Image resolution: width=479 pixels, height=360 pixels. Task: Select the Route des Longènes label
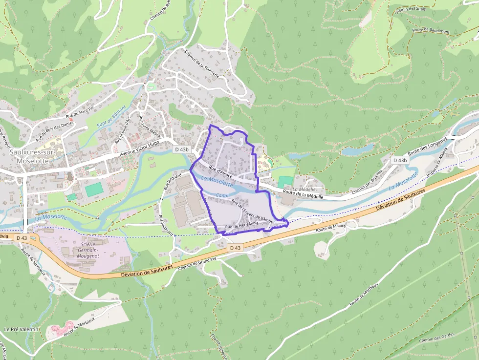428,146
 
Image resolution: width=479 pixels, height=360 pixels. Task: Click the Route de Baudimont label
431,30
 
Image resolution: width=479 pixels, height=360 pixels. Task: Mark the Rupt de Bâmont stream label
111,118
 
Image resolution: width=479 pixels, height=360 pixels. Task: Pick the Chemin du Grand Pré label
197,263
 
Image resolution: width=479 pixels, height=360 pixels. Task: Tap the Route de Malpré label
331,228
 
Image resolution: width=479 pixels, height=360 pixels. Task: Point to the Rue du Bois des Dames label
57,130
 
